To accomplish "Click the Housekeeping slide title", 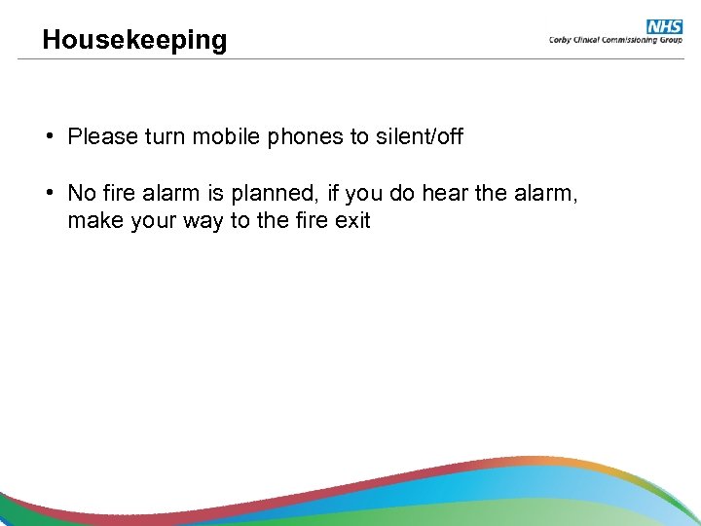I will point(134,40).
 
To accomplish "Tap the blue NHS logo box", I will point(664,26).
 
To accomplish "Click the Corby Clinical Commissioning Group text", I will point(615,41).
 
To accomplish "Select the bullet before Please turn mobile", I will point(48,136).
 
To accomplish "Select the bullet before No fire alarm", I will point(48,194).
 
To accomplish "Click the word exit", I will point(352,221).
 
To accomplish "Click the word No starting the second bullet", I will point(81,194).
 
